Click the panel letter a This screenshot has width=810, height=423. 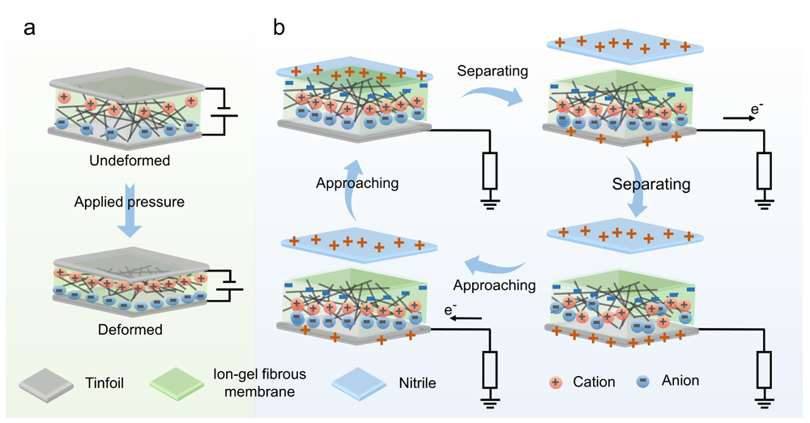[x=29, y=28]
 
